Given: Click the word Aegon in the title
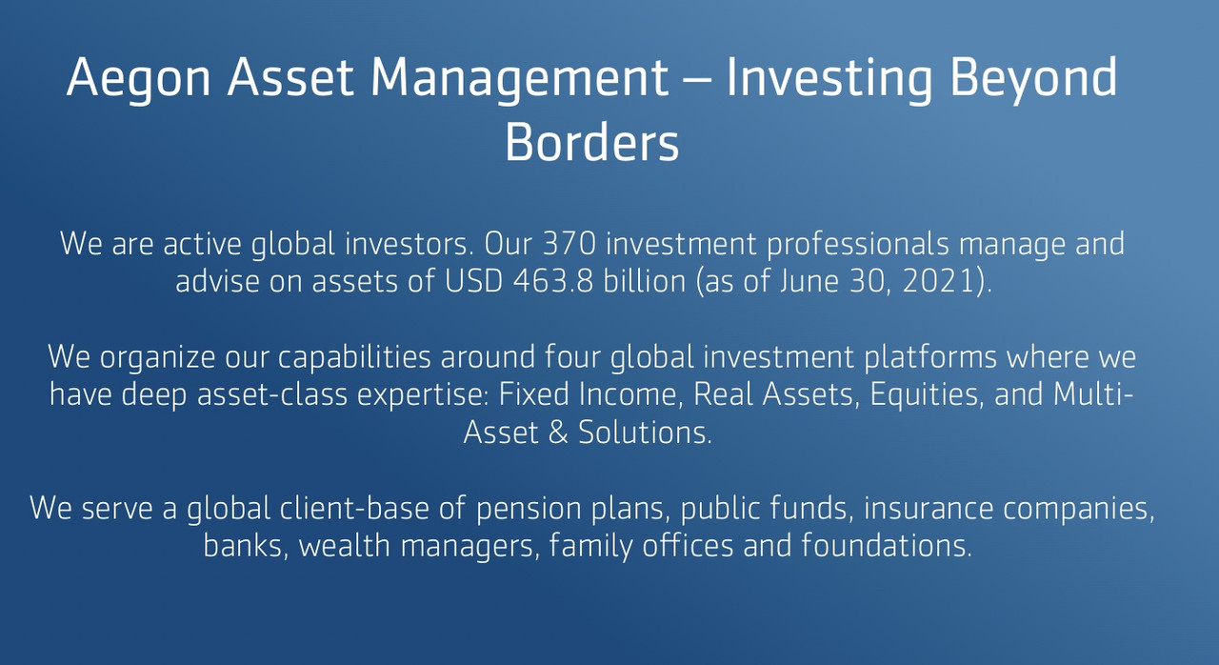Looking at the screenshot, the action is click(138, 79).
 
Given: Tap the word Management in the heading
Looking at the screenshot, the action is click(520, 79).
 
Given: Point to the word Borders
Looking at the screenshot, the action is click(592, 142).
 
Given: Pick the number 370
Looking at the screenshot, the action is click(570, 243).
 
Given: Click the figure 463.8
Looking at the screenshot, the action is click(553, 281).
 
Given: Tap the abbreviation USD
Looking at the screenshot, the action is click(473, 281).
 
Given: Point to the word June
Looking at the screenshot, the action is click(809, 282).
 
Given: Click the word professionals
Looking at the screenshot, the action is click(858, 244).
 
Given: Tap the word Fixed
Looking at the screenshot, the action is click(534, 394).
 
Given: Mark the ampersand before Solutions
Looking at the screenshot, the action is click(558, 433).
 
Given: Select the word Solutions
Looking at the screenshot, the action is click(645, 433).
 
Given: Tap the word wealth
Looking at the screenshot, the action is click(345, 545).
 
